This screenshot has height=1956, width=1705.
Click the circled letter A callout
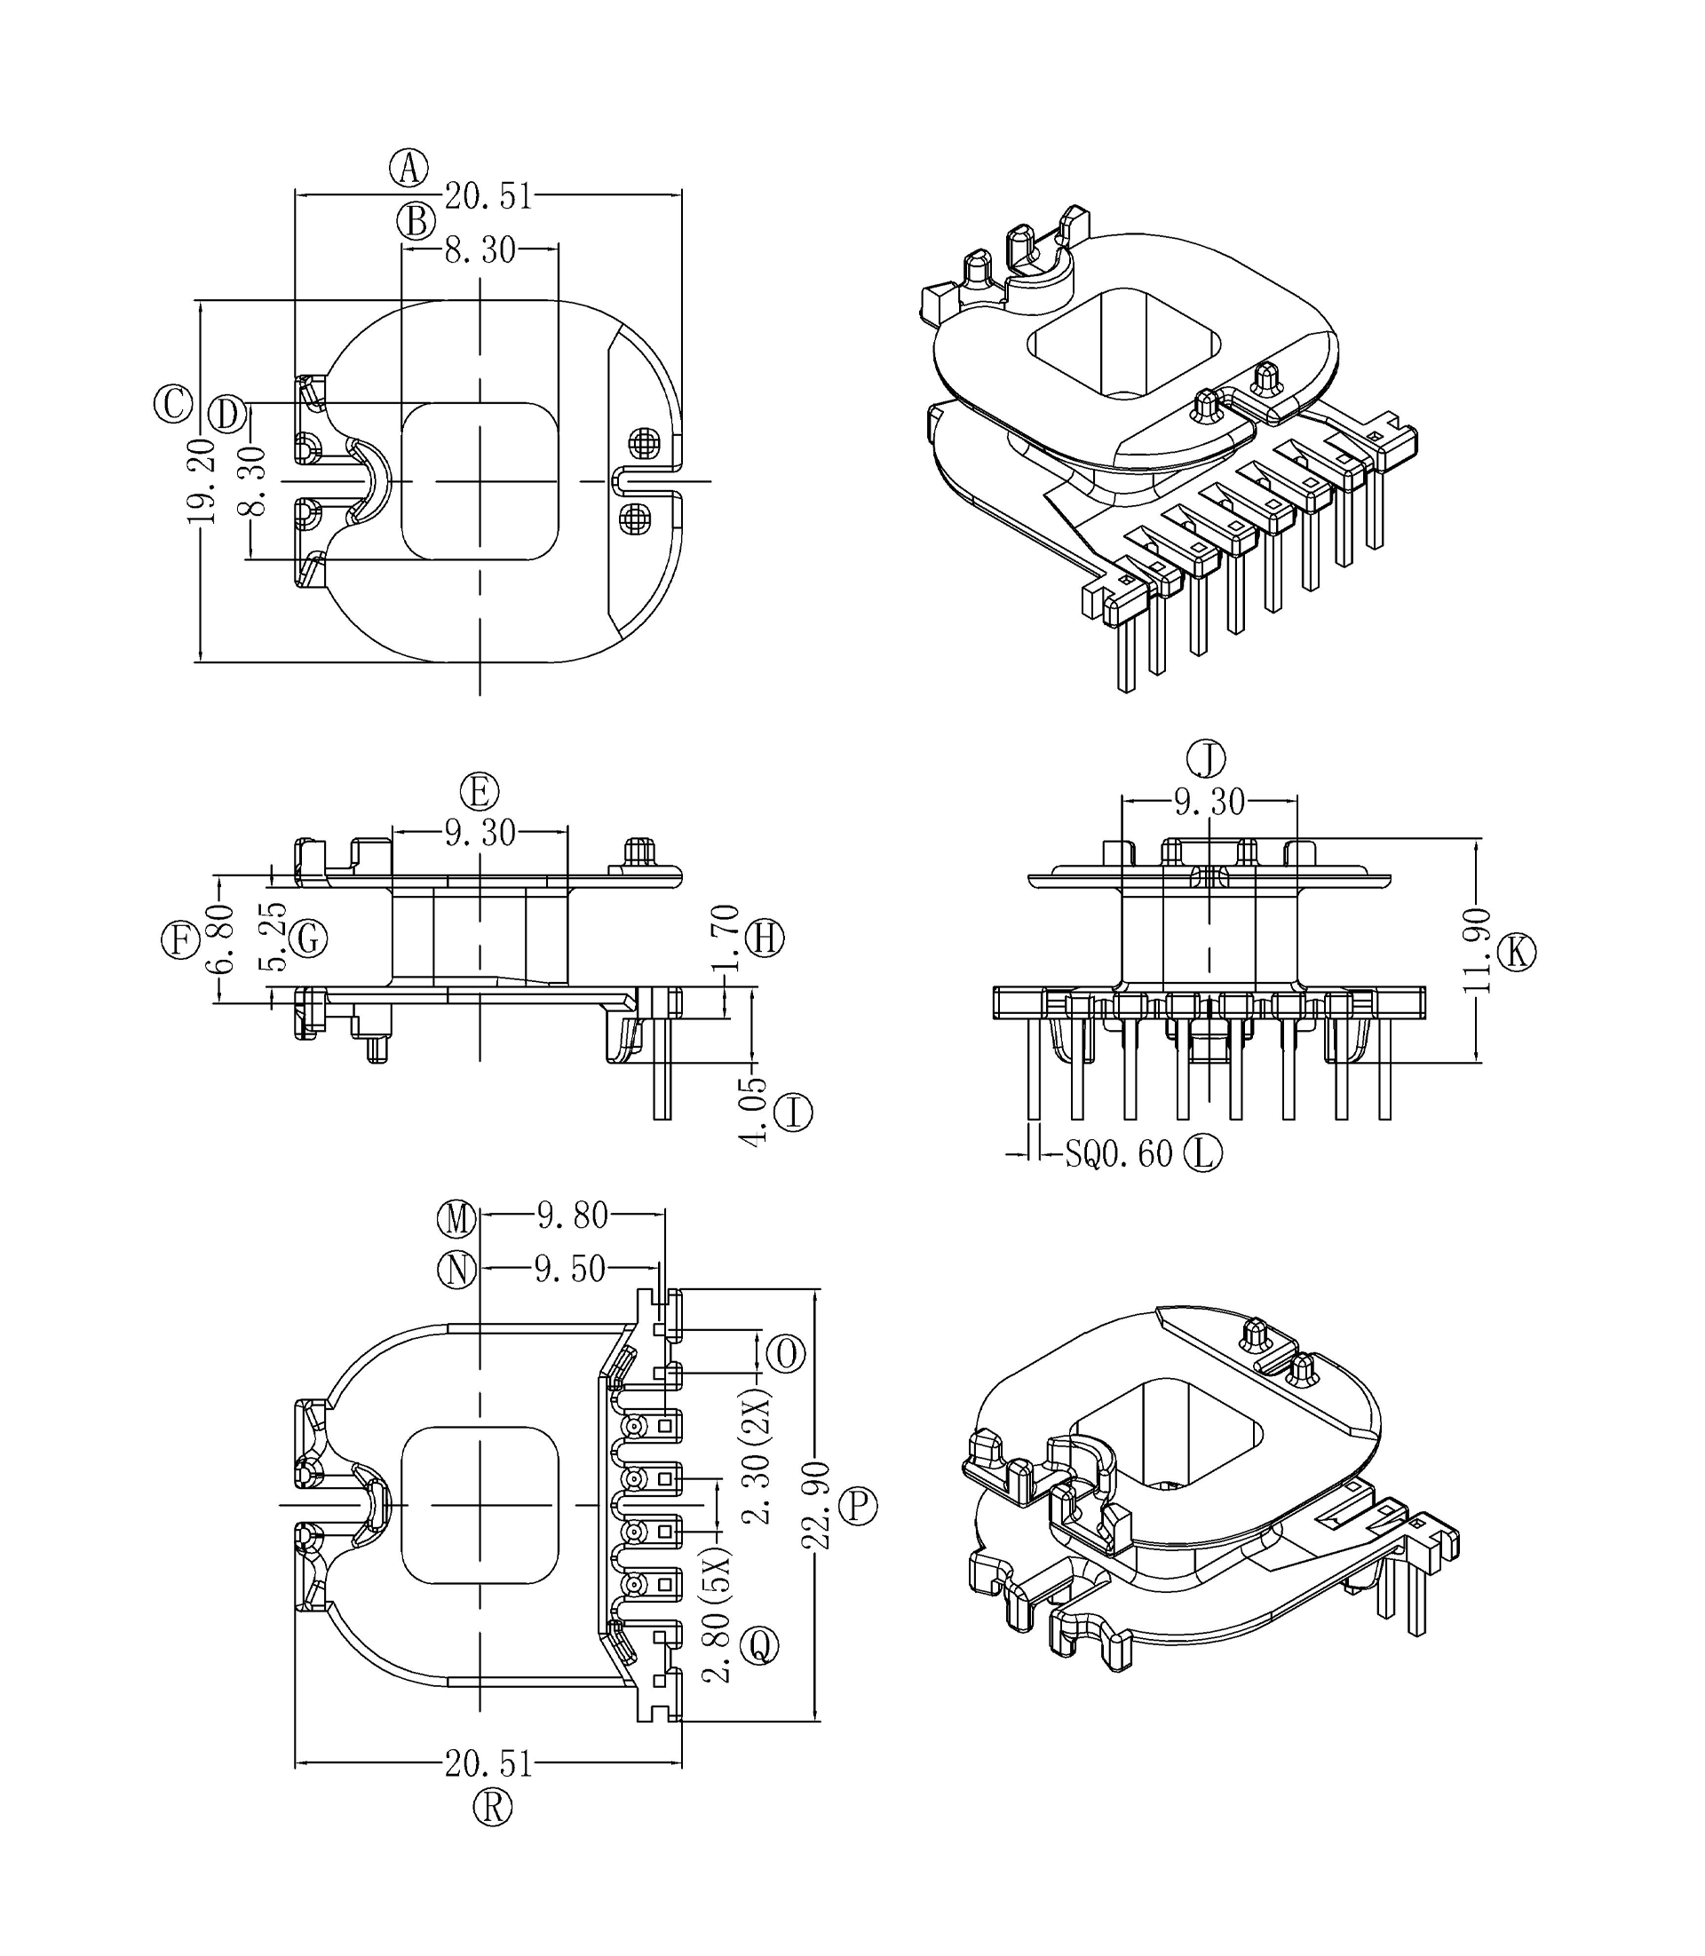pos(409,169)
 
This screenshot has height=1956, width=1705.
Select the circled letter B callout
pos(416,222)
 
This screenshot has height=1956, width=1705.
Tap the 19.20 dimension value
pos(202,480)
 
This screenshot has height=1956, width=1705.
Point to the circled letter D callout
pos(227,414)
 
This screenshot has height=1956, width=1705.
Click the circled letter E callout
pos(480,791)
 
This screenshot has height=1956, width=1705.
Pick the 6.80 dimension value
pos(220,938)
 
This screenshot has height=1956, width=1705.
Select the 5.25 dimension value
pos(274,937)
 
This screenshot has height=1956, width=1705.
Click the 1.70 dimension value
pos(726,938)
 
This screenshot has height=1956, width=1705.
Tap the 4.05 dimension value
pos(754,1113)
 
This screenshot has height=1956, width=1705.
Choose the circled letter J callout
pos(1207,759)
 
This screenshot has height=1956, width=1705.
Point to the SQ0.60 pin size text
pos(1118,1155)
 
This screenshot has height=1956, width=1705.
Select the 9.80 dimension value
pos(572,1216)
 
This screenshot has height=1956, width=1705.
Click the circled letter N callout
pos(456,1269)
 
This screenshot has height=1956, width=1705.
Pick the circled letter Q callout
pos(759,1645)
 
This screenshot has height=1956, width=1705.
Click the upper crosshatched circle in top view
pos(644,442)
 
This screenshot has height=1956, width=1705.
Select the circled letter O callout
pos(786,1354)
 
